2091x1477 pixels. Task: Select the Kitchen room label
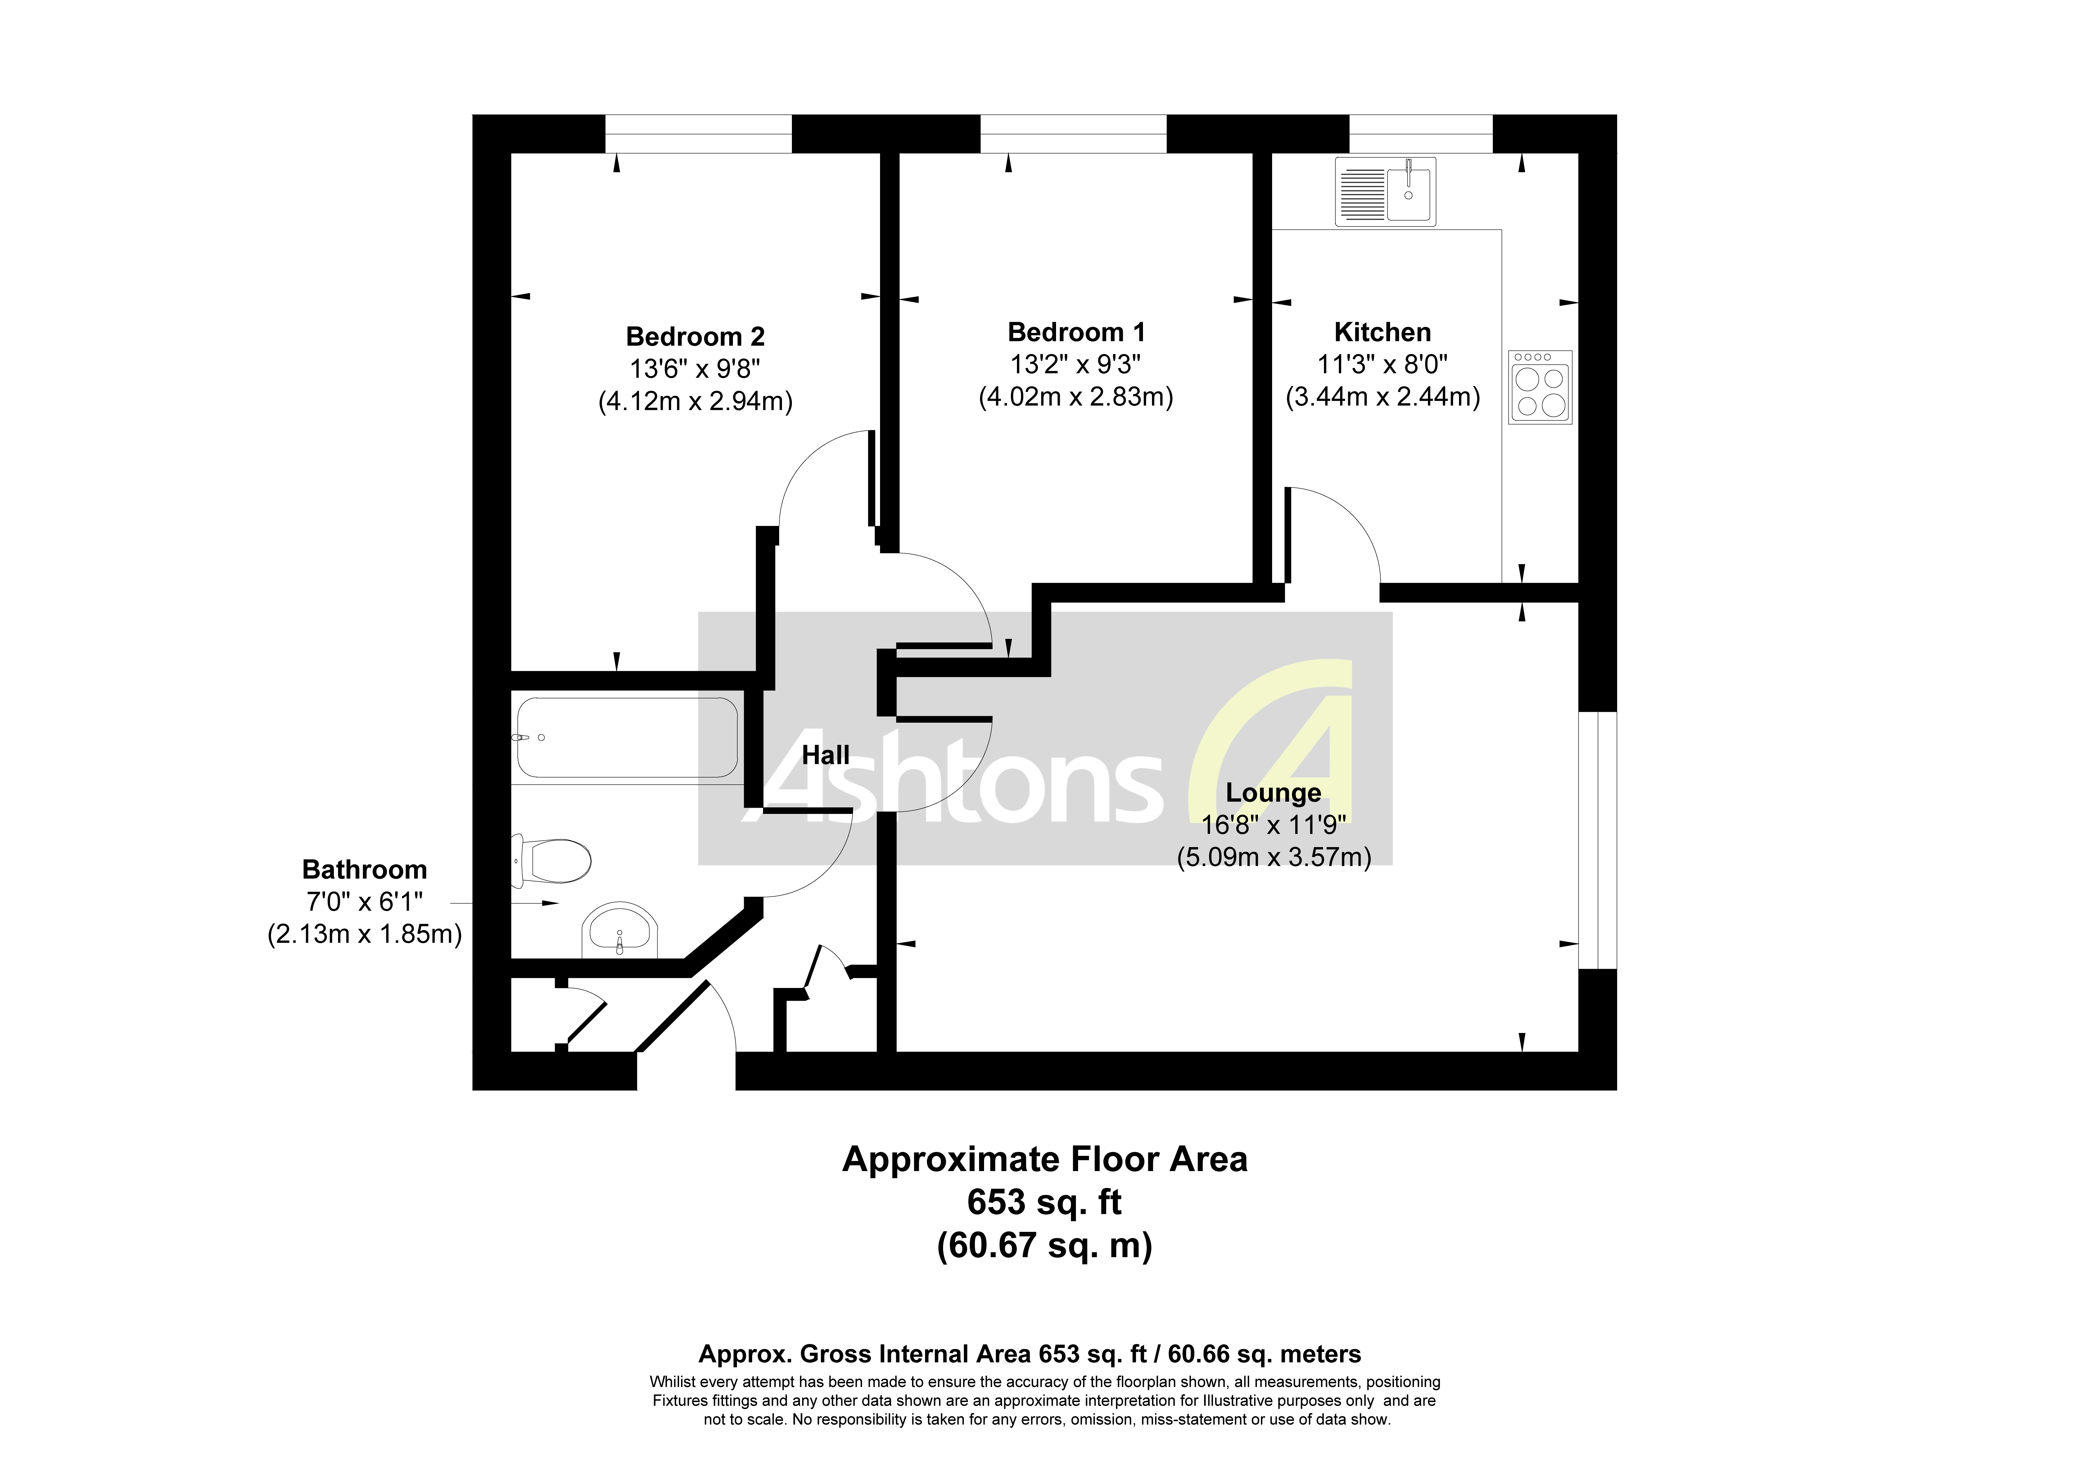[1382, 332]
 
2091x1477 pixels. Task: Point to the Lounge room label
[1272, 793]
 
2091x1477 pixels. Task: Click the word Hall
[825, 755]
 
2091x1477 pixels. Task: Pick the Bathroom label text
[364, 870]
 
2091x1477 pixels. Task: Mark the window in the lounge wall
[1597, 840]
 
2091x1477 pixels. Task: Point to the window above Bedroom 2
[698, 134]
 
